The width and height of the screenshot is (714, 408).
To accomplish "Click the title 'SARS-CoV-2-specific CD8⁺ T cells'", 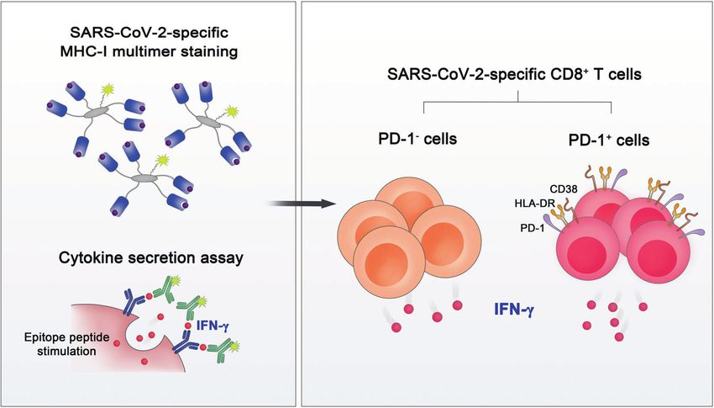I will (x=515, y=77).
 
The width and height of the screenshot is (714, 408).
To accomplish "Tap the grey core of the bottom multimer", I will (x=149, y=178).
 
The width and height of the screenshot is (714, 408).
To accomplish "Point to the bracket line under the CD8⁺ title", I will (x=515, y=103).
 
